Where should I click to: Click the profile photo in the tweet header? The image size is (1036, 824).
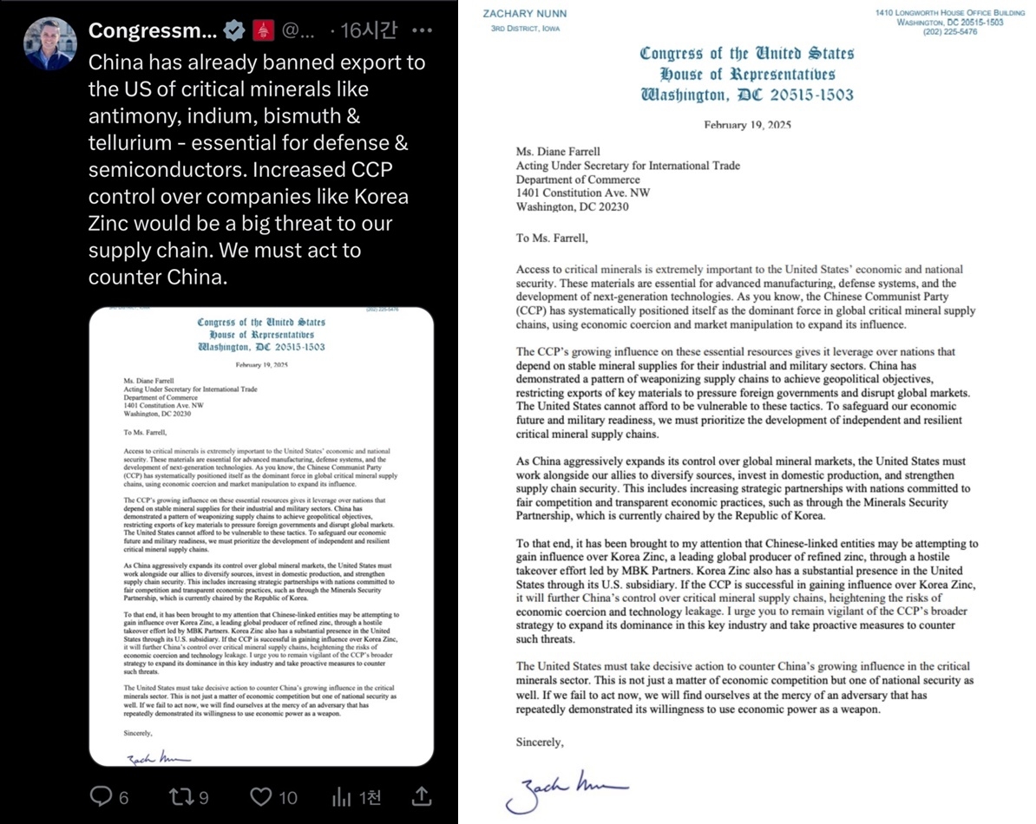tap(50, 43)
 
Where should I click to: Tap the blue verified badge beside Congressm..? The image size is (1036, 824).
tap(234, 31)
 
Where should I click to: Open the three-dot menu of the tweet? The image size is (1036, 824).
tap(422, 31)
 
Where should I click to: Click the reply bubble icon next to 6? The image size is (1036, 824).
tap(102, 795)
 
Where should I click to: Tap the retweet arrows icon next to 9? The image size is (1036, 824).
tap(177, 795)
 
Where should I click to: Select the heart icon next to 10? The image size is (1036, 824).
tap(260, 795)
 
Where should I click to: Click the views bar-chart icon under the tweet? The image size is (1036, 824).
tap(342, 795)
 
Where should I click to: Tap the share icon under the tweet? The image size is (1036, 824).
tap(421, 795)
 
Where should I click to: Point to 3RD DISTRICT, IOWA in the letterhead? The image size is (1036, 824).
tap(526, 29)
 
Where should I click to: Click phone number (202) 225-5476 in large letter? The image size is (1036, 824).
tap(975, 31)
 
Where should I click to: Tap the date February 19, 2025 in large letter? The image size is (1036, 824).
tap(747, 125)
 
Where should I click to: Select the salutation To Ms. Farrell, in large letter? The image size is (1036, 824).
tap(550, 239)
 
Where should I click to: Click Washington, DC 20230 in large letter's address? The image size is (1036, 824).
tap(572, 207)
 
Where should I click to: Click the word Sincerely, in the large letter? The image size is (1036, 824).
tap(540, 742)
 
